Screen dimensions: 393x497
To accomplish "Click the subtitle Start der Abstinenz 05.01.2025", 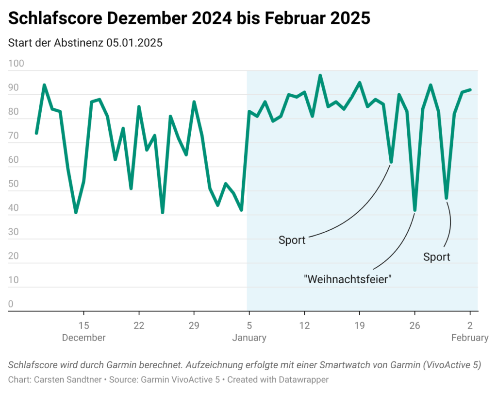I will [85, 42].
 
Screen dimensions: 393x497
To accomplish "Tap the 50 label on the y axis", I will [14, 185].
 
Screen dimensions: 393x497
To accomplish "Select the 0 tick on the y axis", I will [11, 305].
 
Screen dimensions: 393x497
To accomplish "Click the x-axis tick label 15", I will [84, 325].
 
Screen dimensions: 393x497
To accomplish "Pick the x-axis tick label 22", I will [139, 325].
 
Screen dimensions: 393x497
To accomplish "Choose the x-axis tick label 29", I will [194, 325].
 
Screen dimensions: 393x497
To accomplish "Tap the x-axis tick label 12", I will [304, 325].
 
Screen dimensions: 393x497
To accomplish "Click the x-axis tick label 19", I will [359, 325].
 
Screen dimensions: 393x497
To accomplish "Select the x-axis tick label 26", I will [414, 325].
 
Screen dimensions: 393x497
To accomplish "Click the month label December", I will [84, 338].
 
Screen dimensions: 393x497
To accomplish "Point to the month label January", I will [249, 338].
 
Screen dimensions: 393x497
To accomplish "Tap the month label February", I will [469, 338].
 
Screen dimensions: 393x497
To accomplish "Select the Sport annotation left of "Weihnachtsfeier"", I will [292, 240].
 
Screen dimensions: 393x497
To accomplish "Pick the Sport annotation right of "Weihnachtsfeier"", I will [436, 257].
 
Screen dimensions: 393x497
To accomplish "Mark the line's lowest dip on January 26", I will [414, 210].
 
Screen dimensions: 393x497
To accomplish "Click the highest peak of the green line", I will [320, 75].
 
